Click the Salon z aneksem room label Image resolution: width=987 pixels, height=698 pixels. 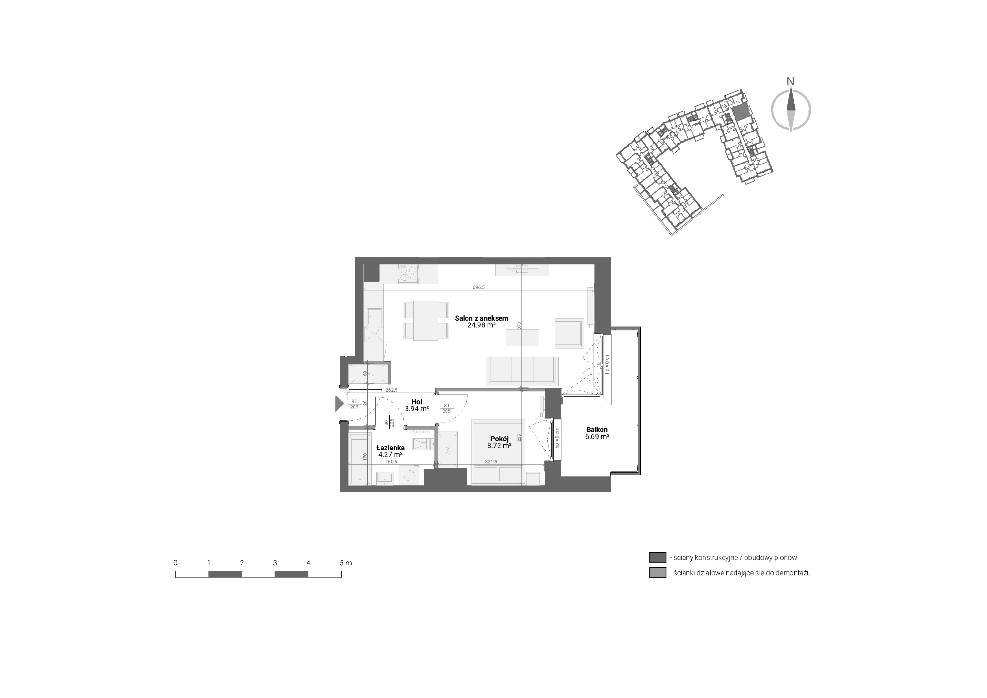tap(481, 318)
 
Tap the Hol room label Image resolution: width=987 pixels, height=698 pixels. tap(416, 402)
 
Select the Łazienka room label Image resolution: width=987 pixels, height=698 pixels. tap(390, 448)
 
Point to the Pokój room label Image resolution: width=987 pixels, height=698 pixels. tap(499, 439)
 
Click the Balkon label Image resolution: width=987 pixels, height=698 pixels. tap(597, 429)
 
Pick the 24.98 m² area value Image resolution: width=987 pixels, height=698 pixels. tap(481, 325)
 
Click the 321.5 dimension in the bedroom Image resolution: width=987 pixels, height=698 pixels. tap(491, 462)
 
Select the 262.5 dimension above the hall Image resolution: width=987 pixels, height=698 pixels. tap(391, 390)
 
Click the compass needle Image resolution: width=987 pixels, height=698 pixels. tap(791, 110)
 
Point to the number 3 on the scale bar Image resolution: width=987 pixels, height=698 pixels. tap(275, 563)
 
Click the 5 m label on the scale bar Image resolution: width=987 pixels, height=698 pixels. tap(345, 563)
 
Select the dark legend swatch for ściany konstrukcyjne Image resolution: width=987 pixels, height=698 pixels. tap(657, 557)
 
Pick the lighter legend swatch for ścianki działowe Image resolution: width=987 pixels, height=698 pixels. tap(657, 572)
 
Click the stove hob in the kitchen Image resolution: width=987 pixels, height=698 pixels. tap(408, 274)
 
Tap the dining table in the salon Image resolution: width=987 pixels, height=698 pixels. tap(426, 321)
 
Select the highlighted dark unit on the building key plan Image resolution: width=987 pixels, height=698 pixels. tap(741, 113)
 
